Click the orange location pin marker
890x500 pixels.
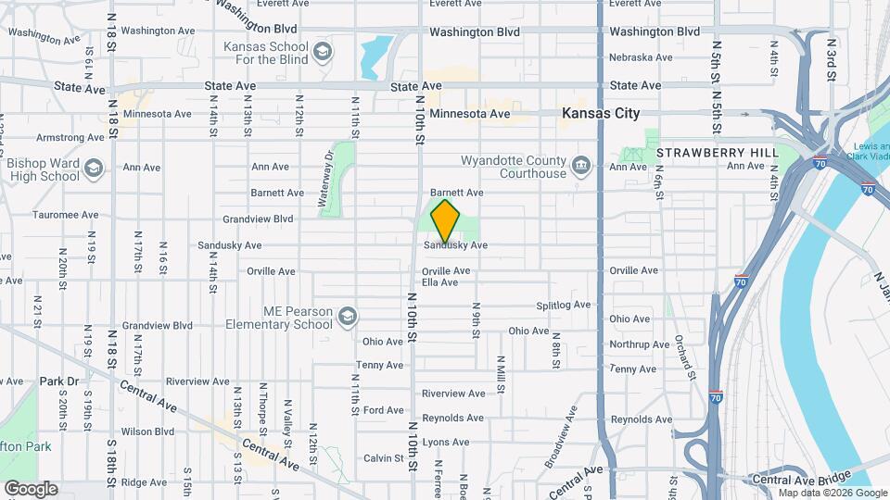tap(446, 220)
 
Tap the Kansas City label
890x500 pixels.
tap(601, 113)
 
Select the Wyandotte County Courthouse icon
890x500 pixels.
tap(581, 167)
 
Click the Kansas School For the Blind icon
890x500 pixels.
tap(323, 50)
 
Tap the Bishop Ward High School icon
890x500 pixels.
tap(93, 169)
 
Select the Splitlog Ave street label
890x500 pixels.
tap(563, 306)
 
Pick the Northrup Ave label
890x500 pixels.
tap(639, 344)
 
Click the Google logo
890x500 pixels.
tap(31, 488)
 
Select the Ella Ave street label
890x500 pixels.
tap(440, 282)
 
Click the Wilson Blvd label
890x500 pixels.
tap(147, 431)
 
